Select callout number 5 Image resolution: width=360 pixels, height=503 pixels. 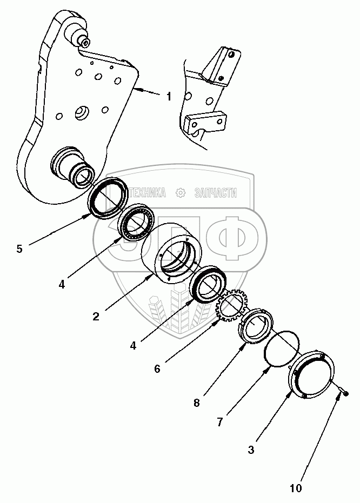coord(19,249)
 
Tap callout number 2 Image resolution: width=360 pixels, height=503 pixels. coord(96,317)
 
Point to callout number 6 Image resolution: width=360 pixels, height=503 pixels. coord(157,369)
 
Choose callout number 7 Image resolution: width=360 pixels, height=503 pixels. coord(220,422)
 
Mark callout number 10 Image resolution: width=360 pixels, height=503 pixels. coord(296,488)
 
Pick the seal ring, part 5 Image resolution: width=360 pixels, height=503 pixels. coord(108,198)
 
